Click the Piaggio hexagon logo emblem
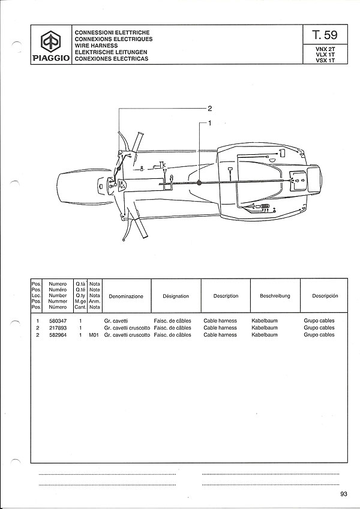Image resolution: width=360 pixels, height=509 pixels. click(x=51, y=42)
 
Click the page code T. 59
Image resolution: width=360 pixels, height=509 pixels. click(x=325, y=35)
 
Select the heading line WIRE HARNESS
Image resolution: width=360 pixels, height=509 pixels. click(x=96, y=46)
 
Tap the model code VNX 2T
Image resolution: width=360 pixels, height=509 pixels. click(x=325, y=49)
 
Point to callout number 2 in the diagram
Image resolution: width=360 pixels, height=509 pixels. click(x=210, y=109)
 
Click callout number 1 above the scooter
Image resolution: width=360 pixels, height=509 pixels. click(x=210, y=123)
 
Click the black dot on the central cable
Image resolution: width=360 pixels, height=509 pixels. click(x=199, y=183)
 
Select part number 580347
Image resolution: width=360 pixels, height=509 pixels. click(x=58, y=321)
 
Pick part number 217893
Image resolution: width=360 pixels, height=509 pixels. click(x=58, y=328)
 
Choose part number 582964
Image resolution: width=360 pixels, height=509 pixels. click(x=58, y=335)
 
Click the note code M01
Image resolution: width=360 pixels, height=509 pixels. click(x=94, y=335)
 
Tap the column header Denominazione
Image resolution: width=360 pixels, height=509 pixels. click(x=126, y=297)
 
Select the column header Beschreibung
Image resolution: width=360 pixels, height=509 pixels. click(x=275, y=296)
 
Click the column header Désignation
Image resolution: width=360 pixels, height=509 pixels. click(x=176, y=296)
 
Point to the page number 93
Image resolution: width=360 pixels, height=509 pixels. click(x=344, y=494)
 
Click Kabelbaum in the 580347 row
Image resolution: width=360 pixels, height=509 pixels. click(x=265, y=321)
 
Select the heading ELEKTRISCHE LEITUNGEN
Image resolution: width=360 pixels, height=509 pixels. click(x=111, y=52)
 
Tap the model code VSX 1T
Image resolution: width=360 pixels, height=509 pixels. click(x=325, y=60)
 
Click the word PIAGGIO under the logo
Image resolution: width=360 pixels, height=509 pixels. click(x=51, y=58)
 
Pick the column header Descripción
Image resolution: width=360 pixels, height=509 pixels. click(x=325, y=296)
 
